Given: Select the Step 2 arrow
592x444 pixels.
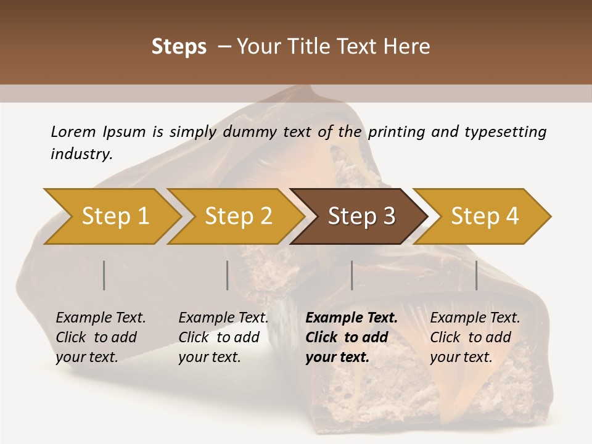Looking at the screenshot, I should [238, 216].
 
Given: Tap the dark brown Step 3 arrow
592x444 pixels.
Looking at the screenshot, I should [361, 216].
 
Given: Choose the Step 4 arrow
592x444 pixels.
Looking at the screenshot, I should [484, 216].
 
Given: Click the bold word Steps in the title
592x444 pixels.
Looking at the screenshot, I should [179, 47].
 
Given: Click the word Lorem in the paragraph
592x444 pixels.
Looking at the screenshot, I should [73, 131].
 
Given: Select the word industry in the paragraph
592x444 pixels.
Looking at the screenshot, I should [81, 154].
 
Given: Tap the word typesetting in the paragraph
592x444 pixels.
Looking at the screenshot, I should [505, 131].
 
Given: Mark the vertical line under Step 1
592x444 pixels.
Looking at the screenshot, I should [104, 275].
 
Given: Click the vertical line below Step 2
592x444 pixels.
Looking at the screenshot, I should [228, 275].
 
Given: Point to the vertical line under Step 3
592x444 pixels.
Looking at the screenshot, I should [352, 275].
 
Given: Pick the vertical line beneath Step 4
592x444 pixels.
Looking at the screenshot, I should [476, 275].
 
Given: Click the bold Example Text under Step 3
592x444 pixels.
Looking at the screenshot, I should [351, 318].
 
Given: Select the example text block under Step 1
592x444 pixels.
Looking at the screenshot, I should [101, 337].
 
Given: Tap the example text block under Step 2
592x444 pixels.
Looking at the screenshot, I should [223, 337].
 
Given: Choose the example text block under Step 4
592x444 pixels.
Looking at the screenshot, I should [475, 337].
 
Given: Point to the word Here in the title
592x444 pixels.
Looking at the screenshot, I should [406, 47].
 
